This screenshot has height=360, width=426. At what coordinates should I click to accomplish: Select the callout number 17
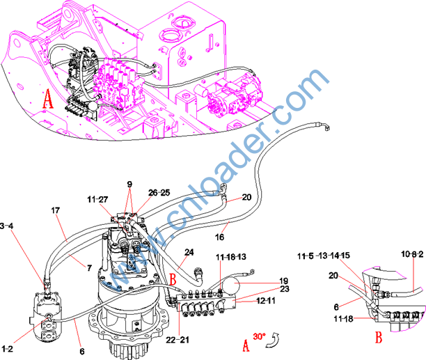click(x=56, y=209)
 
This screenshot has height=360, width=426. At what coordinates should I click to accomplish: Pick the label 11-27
click(x=97, y=200)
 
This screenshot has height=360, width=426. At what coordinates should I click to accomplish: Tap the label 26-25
click(x=158, y=192)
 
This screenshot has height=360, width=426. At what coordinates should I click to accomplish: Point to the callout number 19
click(x=265, y=280)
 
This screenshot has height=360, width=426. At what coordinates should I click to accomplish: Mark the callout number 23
click(x=265, y=288)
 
